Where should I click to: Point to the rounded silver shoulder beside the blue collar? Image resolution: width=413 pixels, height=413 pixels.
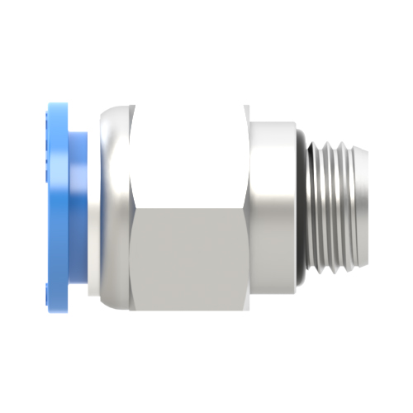pyautogui.click(x=112, y=206)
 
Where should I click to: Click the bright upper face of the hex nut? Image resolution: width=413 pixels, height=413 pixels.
pyautogui.click(x=188, y=157)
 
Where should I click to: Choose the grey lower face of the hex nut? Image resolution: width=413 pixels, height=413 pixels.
pyautogui.click(x=188, y=256)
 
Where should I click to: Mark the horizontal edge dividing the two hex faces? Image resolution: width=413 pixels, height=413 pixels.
pyautogui.click(x=188, y=206)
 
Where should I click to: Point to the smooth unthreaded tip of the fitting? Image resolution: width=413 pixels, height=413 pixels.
pyautogui.click(x=353, y=206)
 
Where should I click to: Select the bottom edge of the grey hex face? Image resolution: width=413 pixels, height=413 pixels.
pyautogui.click(x=188, y=307)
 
